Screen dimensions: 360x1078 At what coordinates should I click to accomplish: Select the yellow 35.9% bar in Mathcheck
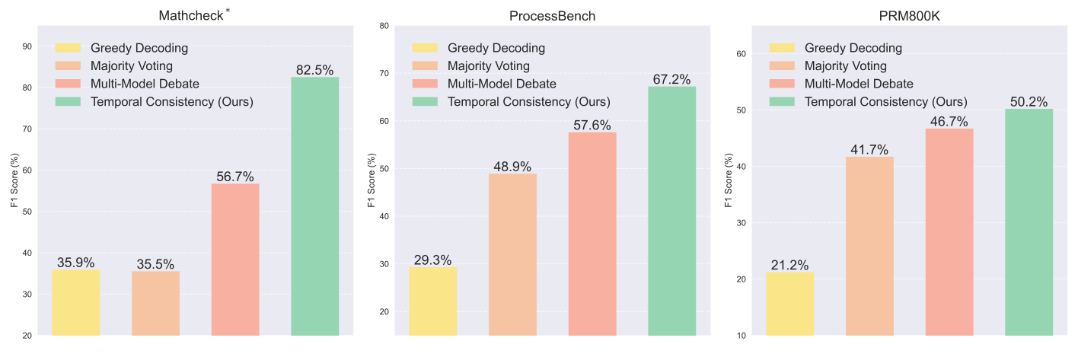[75, 302]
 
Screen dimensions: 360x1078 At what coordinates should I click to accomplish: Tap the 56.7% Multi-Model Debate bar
[235, 259]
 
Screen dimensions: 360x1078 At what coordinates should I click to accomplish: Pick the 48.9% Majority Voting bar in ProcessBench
[512, 254]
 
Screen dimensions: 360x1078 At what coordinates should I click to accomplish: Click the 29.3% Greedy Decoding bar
[433, 301]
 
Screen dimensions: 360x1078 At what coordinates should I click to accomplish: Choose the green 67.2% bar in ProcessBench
[671, 211]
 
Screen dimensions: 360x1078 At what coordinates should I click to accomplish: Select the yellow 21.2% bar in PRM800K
[790, 303]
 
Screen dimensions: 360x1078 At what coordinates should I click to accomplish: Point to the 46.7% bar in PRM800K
[949, 231]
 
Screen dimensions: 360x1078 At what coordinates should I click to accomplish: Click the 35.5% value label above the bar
[155, 264]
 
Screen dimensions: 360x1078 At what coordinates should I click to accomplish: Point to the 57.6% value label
[592, 125]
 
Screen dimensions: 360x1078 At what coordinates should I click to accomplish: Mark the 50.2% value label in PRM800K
[1029, 101]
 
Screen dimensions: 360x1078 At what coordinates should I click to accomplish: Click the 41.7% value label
[869, 149]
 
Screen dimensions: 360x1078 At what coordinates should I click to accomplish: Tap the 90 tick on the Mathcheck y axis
[27, 46]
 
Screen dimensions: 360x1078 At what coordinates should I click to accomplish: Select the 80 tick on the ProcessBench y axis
[384, 26]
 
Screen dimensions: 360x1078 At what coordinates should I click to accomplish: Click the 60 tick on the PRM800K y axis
[741, 54]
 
